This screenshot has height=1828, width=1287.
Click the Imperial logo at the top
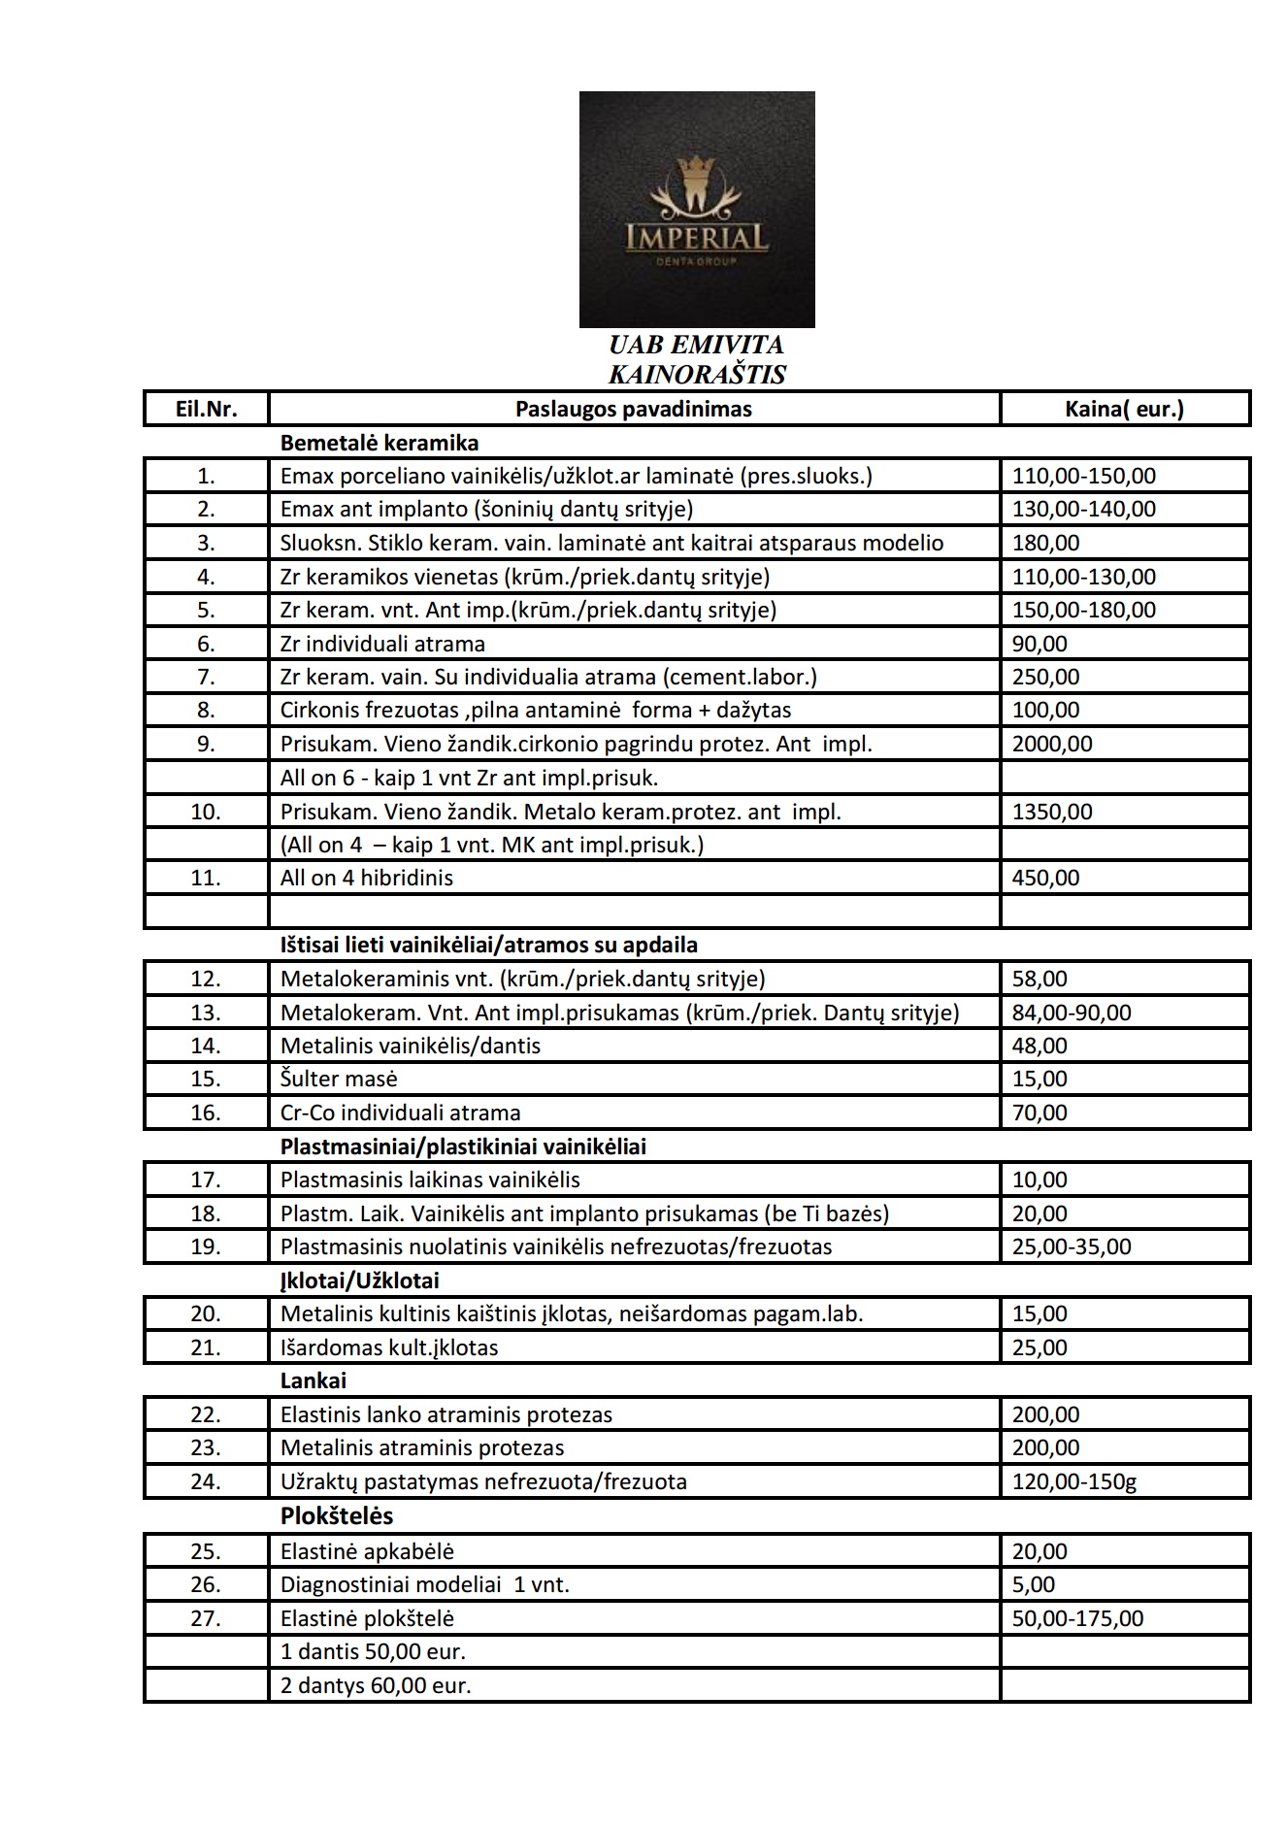click(697, 209)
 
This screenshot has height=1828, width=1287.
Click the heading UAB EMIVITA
click(696, 345)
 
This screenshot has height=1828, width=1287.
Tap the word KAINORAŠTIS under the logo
click(696, 374)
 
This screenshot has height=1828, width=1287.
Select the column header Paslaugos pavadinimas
click(633, 409)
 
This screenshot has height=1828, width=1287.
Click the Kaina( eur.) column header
click(1124, 409)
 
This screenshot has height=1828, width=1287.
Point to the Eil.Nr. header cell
click(206, 409)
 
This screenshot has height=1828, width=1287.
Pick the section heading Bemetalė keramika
click(379, 443)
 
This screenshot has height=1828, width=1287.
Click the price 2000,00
click(1052, 744)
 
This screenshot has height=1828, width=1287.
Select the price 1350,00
click(1052, 811)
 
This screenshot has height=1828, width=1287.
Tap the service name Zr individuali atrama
click(382, 644)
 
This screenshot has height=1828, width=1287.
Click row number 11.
click(206, 878)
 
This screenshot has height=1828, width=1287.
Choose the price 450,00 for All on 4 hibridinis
click(1045, 878)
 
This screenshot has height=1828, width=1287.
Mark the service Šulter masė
click(339, 1079)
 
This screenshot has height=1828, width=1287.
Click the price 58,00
click(1039, 979)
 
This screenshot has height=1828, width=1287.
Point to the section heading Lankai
click(313, 1380)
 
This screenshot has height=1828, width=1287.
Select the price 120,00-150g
click(1073, 1481)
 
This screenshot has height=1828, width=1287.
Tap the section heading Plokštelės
click(337, 1515)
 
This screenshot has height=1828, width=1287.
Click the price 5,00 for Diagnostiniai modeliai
click(1034, 1584)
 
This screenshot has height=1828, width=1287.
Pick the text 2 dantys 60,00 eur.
click(376, 1685)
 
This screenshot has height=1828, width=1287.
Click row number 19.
click(206, 1246)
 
